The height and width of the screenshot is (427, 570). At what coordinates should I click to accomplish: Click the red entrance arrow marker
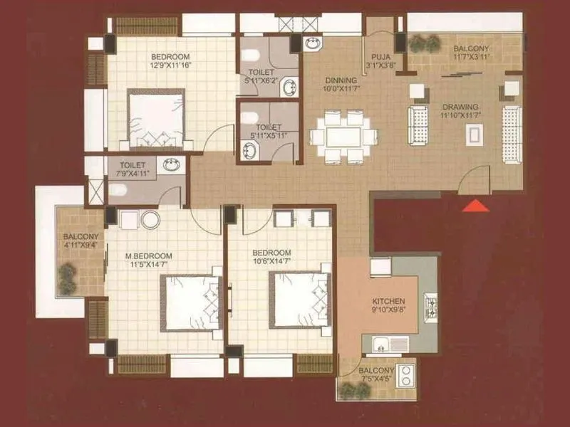point(475,206)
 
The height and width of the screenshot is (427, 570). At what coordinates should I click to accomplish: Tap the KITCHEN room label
point(388,301)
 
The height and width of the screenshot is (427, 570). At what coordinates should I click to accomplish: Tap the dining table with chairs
point(343,136)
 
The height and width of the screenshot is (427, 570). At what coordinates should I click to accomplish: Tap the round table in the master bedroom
point(150,219)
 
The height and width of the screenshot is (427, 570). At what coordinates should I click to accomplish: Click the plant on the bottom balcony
point(349,389)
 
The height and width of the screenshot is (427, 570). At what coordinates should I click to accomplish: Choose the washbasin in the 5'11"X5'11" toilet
point(252,150)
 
